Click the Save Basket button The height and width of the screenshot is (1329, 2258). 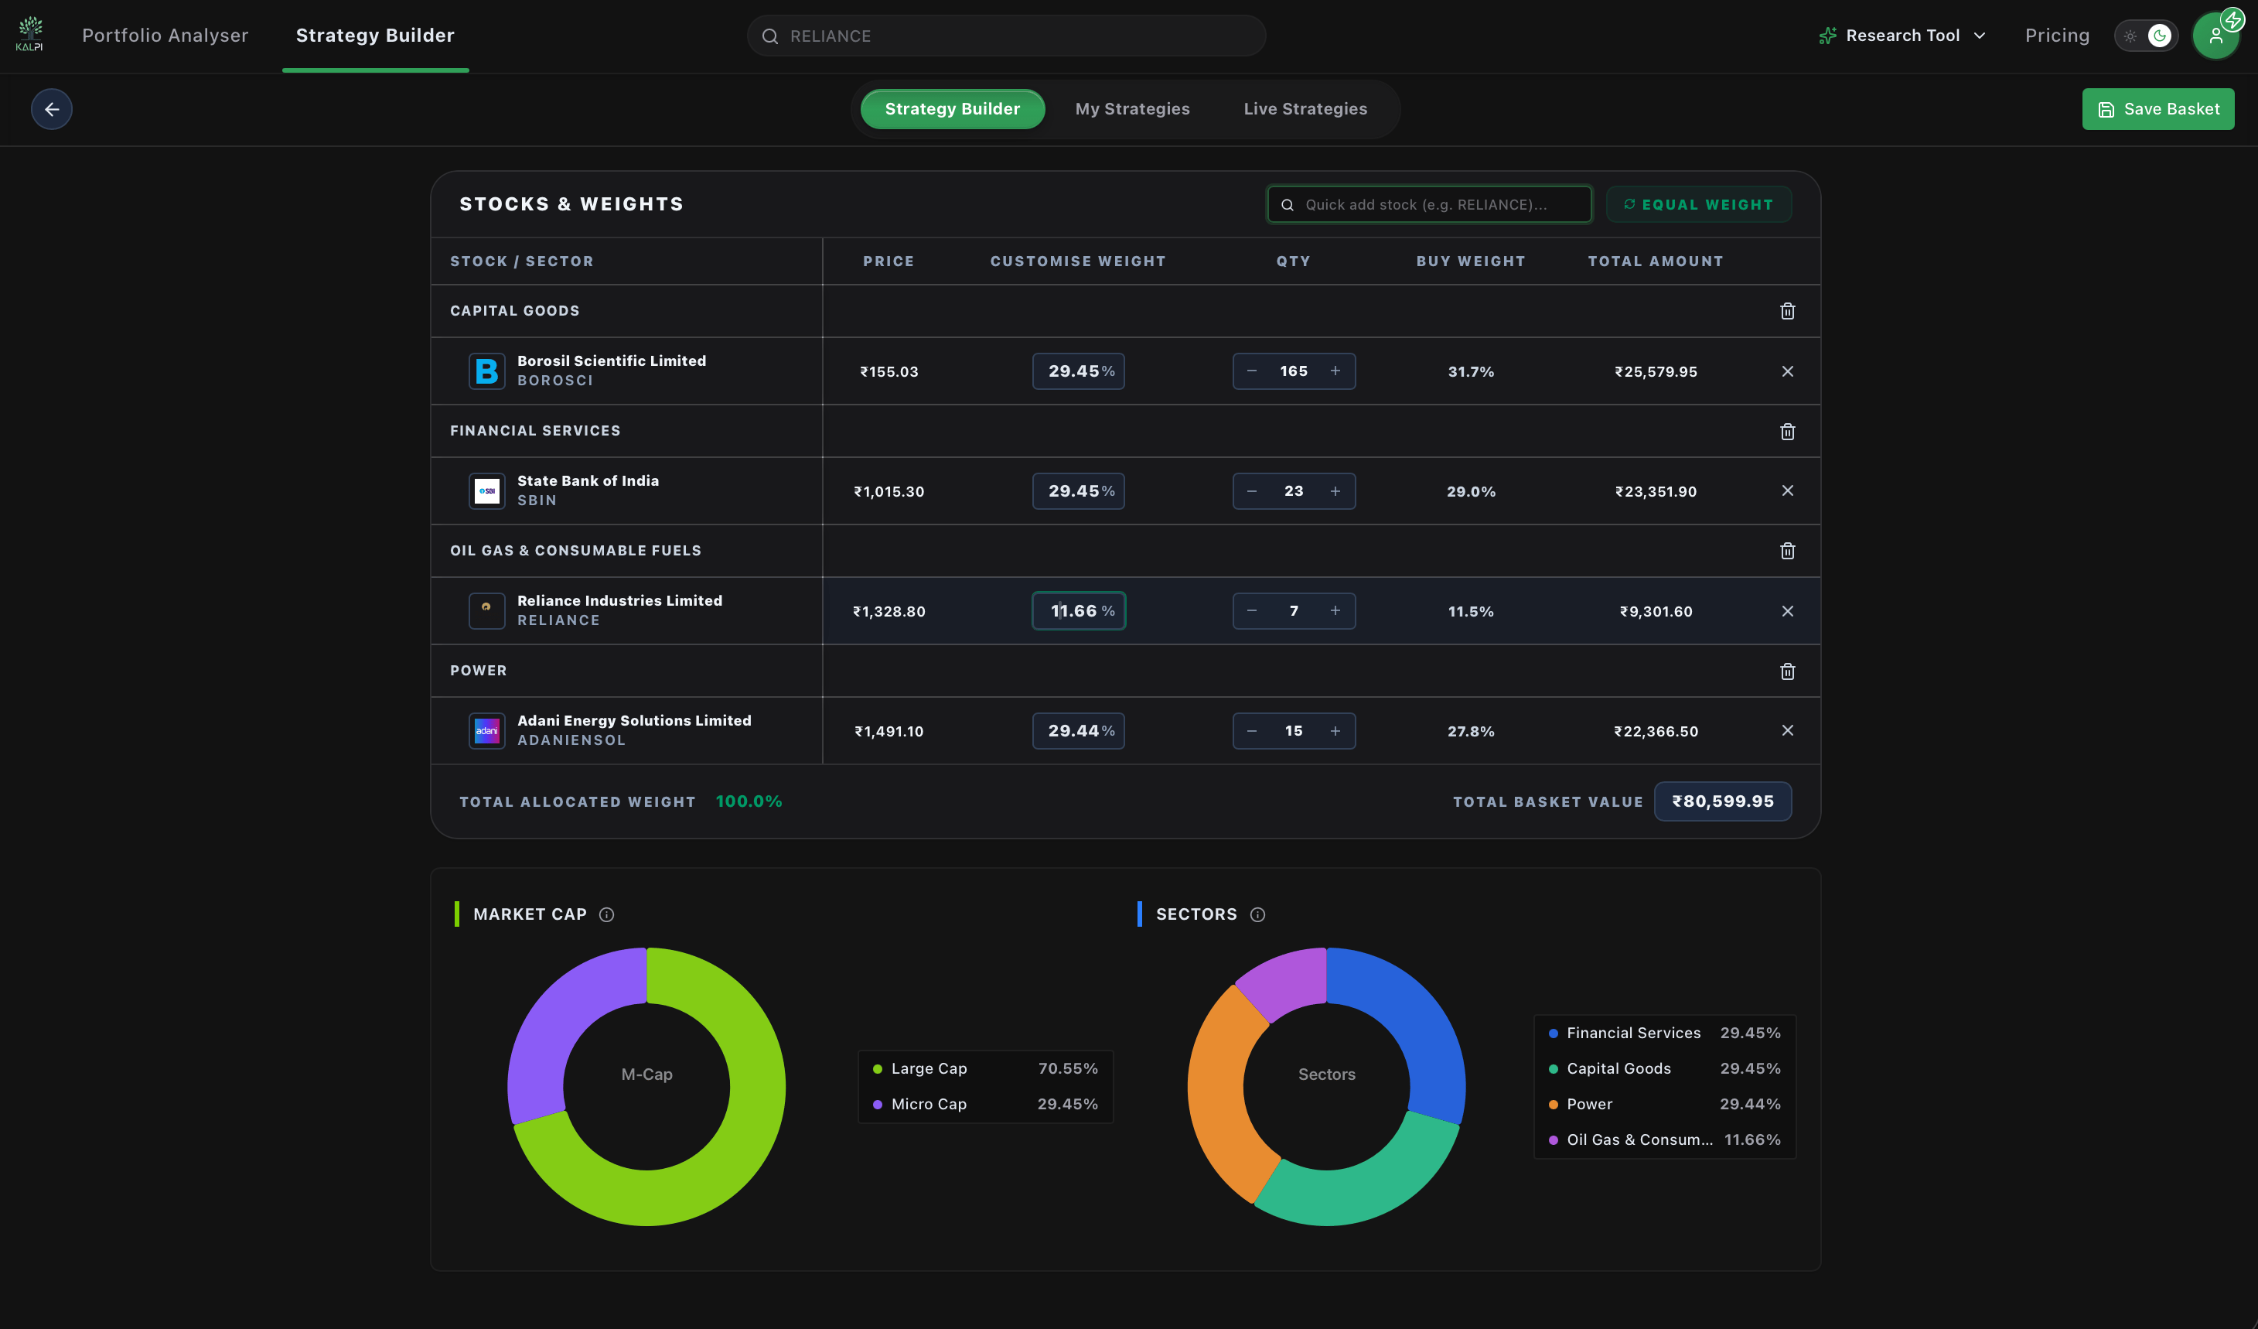click(x=2157, y=109)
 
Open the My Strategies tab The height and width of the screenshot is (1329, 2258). click(x=1131, y=109)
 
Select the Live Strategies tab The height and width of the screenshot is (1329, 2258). click(x=1305, y=109)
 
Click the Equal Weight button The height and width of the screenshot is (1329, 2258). click(x=1698, y=204)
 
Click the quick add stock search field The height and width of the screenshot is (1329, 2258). click(x=1429, y=204)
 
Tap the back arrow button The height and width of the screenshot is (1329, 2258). click(x=52, y=109)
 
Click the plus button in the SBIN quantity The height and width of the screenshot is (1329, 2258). click(x=1335, y=491)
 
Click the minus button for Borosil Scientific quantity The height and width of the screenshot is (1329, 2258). click(x=1252, y=371)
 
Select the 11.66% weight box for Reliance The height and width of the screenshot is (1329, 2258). click(x=1078, y=611)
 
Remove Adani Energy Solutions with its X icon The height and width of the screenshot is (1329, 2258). click(x=1787, y=730)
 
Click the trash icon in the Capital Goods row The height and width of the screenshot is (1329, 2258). click(x=1787, y=311)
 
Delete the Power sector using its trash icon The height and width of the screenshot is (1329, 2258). click(x=1787, y=671)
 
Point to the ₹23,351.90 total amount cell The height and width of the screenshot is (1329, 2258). click(x=1655, y=491)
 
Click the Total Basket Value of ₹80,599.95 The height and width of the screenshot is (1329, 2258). click(x=1722, y=801)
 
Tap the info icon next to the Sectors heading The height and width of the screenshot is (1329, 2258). click(x=1257, y=914)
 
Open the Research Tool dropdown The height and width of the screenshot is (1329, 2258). click(x=1902, y=36)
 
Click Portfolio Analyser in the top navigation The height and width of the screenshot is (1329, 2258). click(x=165, y=36)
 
